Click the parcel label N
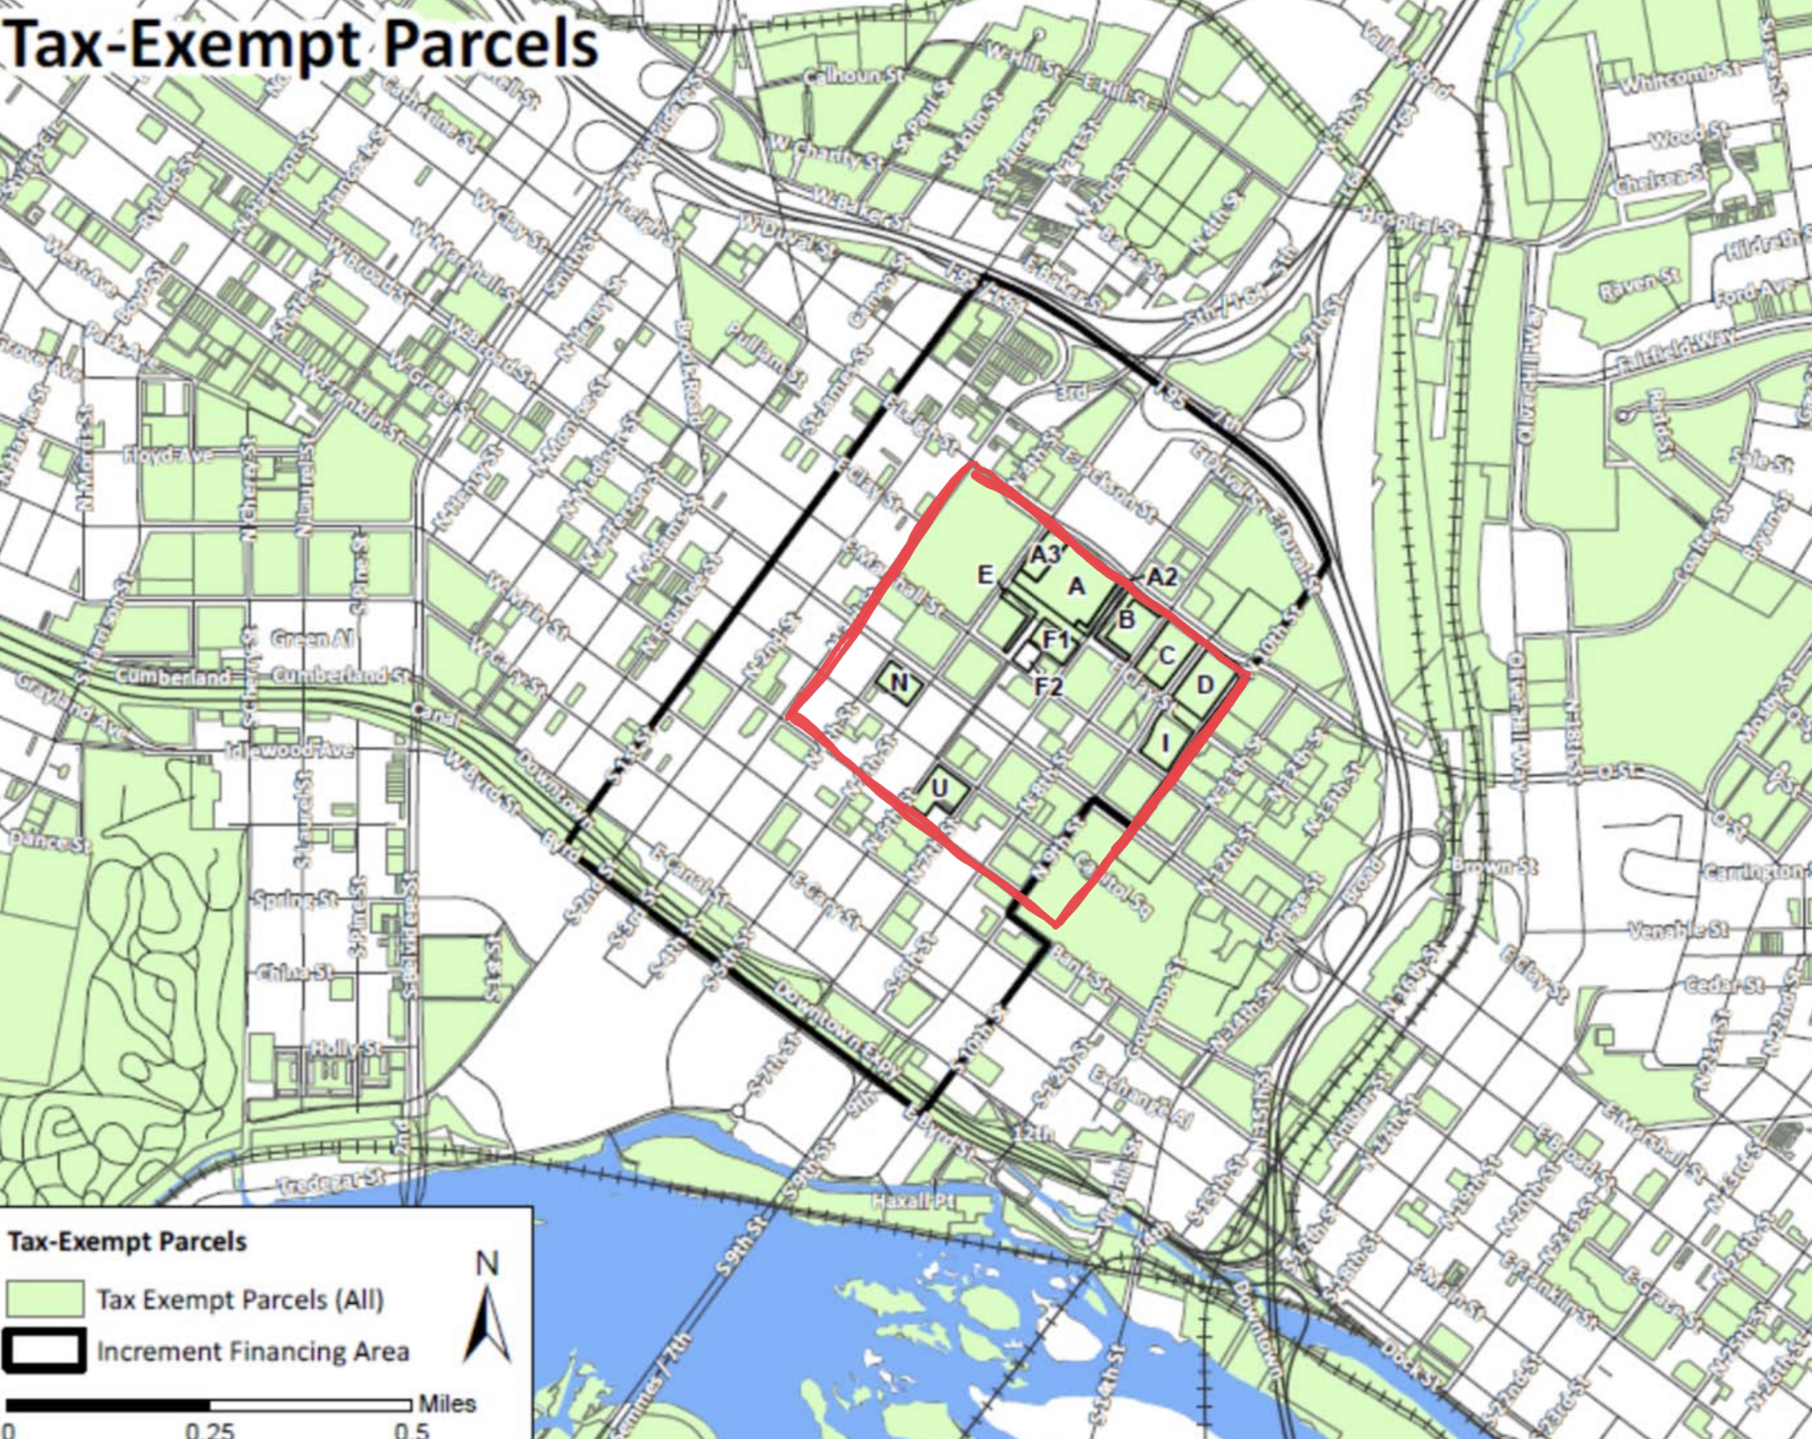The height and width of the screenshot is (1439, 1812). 900,682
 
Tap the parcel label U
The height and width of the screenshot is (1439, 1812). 940,788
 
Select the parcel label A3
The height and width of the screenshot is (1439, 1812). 1044,554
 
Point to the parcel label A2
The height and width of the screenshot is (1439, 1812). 1161,576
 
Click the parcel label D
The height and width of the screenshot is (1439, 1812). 1205,685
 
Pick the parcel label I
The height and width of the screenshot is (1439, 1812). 1166,743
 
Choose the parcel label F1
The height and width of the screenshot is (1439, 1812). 1056,641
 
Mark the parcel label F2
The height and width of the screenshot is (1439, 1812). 1049,687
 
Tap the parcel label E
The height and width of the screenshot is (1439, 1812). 985,574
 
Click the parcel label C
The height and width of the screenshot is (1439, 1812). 1167,655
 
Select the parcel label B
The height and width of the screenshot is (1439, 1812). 1126,621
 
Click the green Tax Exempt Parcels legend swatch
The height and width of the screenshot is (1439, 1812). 44,1299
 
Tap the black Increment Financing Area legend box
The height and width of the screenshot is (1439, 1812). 44,1351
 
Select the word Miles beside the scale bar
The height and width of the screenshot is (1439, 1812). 447,1403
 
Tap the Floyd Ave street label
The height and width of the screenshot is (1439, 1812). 166,456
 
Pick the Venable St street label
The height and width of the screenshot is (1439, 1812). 1678,930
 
